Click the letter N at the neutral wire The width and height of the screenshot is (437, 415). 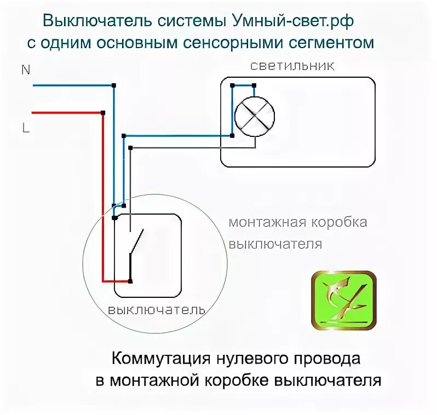click(x=25, y=70)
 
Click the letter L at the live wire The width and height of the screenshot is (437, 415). click(x=25, y=128)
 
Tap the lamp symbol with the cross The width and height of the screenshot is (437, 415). click(x=254, y=116)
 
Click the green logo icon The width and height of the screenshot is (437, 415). click(x=344, y=301)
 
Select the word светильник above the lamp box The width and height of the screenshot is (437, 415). click(x=292, y=66)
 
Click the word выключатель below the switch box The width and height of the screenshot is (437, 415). click(x=156, y=310)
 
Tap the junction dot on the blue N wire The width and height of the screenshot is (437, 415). click(x=114, y=85)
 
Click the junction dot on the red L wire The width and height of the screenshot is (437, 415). click(x=103, y=113)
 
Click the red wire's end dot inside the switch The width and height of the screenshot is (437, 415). click(x=130, y=281)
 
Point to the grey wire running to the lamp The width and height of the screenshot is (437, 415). click(x=192, y=147)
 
